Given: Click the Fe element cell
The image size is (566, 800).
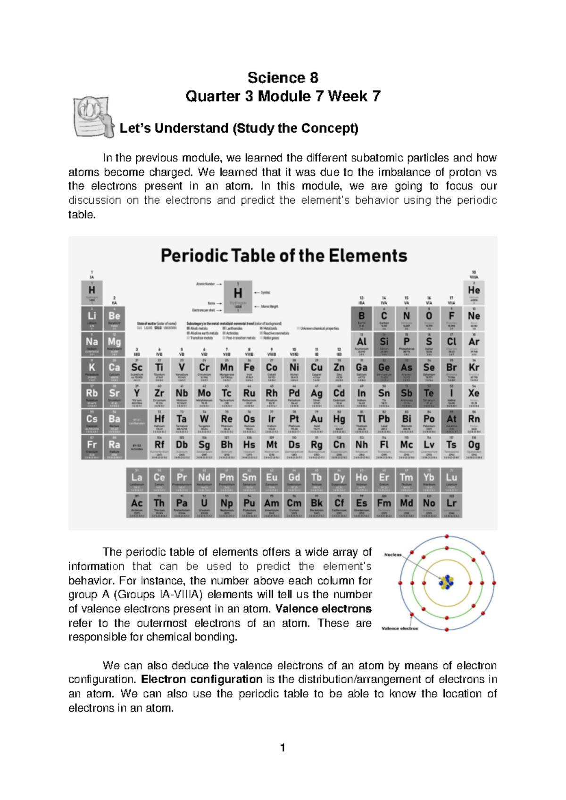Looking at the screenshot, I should [x=249, y=371].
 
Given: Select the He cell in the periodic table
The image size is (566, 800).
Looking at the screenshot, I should [x=474, y=293].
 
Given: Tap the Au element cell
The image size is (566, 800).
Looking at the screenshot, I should [x=316, y=422].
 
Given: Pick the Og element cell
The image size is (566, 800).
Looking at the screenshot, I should [x=474, y=448].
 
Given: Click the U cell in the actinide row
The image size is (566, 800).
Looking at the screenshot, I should [x=204, y=506].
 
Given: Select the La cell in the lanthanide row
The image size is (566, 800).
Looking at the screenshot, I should [x=137, y=481].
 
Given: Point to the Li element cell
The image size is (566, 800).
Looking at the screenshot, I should [x=92, y=319].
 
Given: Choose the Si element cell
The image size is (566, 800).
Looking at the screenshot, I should [x=384, y=345].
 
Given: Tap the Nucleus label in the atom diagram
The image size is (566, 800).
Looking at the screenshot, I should [x=392, y=555].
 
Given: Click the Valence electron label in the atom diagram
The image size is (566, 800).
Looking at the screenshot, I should [x=400, y=628].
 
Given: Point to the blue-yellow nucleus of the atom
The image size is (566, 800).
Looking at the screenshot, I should [x=446, y=583].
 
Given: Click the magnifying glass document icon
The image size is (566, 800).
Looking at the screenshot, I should [x=93, y=117].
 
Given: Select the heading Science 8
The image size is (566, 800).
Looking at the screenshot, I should [x=283, y=77].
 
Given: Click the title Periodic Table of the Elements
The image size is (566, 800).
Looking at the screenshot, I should [x=283, y=256].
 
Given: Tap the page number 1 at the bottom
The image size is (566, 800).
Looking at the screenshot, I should [x=282, y=748].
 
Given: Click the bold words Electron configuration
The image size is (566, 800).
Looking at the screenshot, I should [x=202, y=679].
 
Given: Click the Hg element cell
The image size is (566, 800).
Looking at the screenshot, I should [x=339, y=422].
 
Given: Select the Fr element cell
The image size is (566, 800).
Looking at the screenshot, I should [x=92, y=448].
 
